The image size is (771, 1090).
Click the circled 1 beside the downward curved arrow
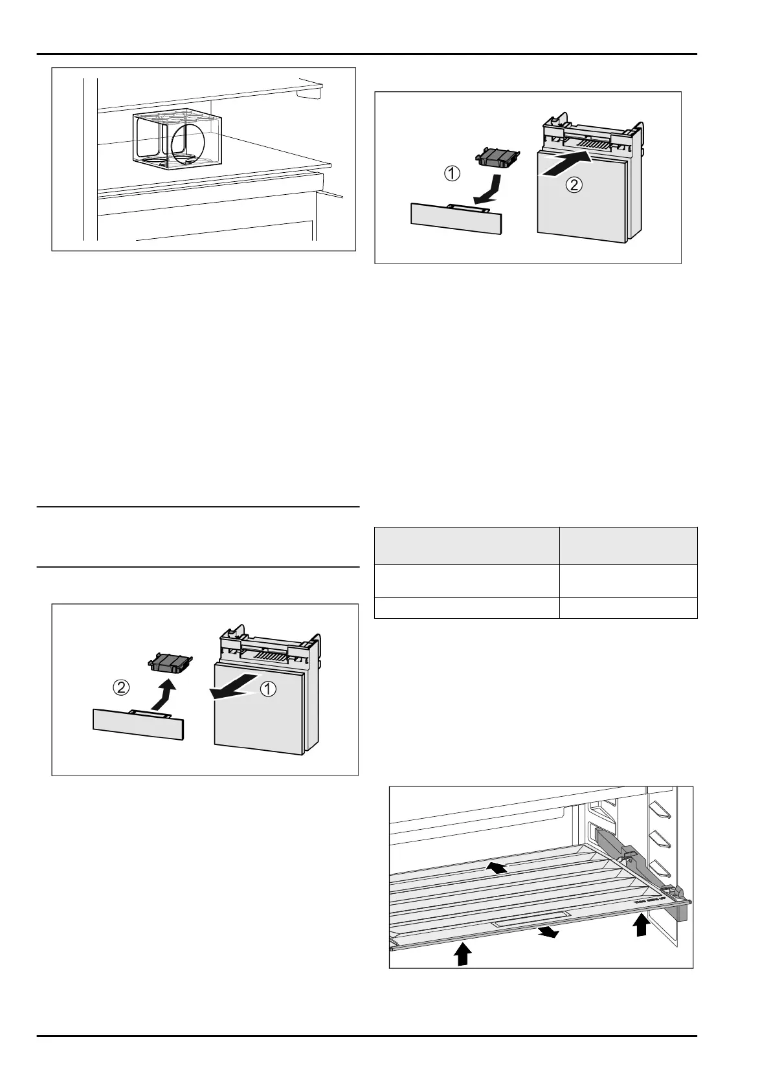point(452,173)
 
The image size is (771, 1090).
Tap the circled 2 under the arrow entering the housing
point(573,184)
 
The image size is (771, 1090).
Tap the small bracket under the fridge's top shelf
point(308,94)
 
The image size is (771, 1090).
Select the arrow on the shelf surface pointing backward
point(497,867)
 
